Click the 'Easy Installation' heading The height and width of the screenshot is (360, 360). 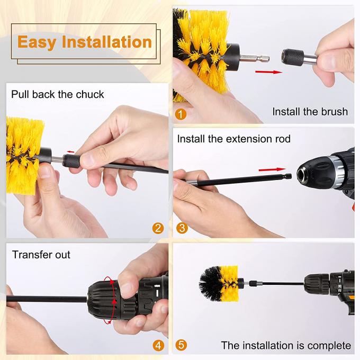[x=85, y=42]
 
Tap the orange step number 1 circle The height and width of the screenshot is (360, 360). [x=182, y=114]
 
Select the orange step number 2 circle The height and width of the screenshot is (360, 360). [x=158, y=228]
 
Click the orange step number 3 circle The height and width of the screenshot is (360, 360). [x=182, y=228]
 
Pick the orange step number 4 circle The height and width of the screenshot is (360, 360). [x=158, y=346]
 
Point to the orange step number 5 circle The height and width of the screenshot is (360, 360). [x=182, y=345]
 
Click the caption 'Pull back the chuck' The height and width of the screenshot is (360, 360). [x=58, y=95]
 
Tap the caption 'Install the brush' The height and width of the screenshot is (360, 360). [x=310, y=111]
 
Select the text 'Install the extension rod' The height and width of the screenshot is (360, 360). [x=233, y=139]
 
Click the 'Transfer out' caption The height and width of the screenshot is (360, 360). [x=41, y=255]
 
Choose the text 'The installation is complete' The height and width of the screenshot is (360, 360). [x=286, y=346]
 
